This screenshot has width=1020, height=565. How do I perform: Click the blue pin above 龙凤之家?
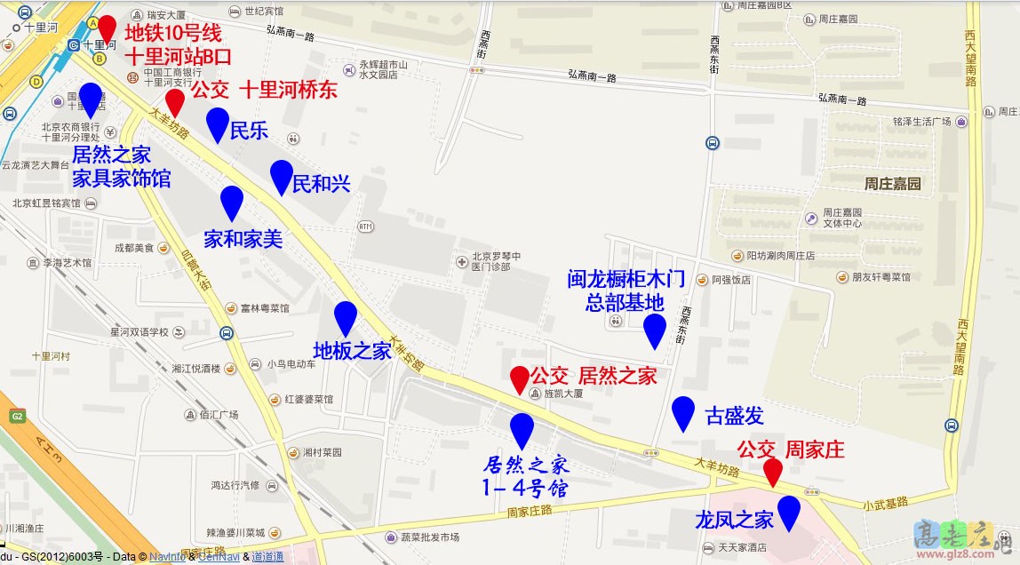click(x=788, y=511)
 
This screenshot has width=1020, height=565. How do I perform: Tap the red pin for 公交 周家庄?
click(x=773, y=470)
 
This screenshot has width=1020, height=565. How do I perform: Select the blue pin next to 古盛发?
click(x=682, y=411)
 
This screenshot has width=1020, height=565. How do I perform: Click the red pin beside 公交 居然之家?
click(x=519, y=378)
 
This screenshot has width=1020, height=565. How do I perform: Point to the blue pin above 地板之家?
click(x=345, y=317)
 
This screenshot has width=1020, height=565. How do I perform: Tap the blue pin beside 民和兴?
click(x=282, y=176)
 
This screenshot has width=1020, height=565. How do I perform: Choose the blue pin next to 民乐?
click(x=217, y=123)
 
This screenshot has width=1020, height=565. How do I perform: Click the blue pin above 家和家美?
click(x=232, y=202)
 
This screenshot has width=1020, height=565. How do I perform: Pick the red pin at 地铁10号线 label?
click(x=107, y=30)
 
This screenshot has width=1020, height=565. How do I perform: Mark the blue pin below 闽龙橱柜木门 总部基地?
click(x=655, y=330)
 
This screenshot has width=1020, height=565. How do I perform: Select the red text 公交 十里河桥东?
click(x=264, y=90)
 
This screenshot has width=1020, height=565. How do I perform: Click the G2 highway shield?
click(x=16, y=416)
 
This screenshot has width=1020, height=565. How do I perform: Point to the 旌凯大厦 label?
click(x=562, y=393)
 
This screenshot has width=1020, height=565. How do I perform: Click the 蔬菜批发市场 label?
click(x=429, y=537)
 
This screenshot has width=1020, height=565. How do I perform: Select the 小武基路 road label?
click(x=885, y=503)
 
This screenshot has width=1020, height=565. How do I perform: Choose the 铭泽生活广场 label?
click(x=922, y=121)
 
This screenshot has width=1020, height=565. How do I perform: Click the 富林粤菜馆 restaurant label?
click(x=265, y=309)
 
